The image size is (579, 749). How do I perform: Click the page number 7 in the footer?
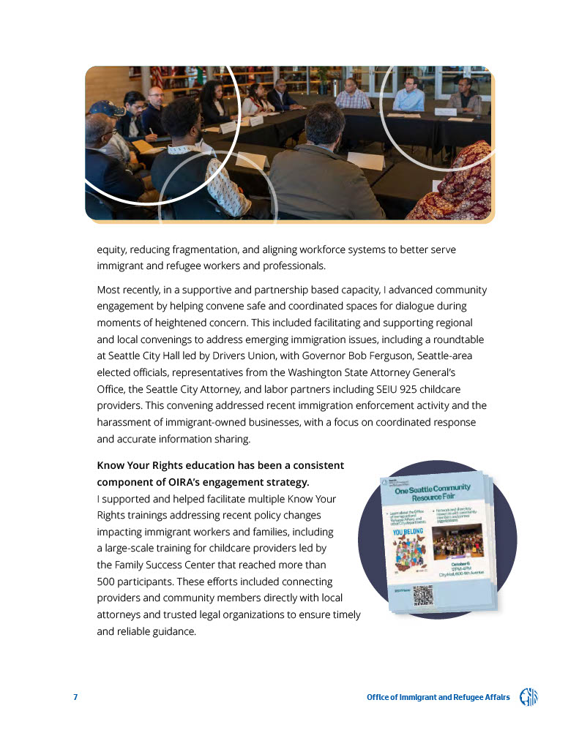click(x=75, y=697)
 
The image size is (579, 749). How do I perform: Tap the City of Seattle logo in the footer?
click(x=528, y=697)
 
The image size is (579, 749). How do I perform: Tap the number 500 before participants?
click(x=107, y=581)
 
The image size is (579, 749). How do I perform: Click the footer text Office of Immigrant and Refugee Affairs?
click(x=438, y=697)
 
